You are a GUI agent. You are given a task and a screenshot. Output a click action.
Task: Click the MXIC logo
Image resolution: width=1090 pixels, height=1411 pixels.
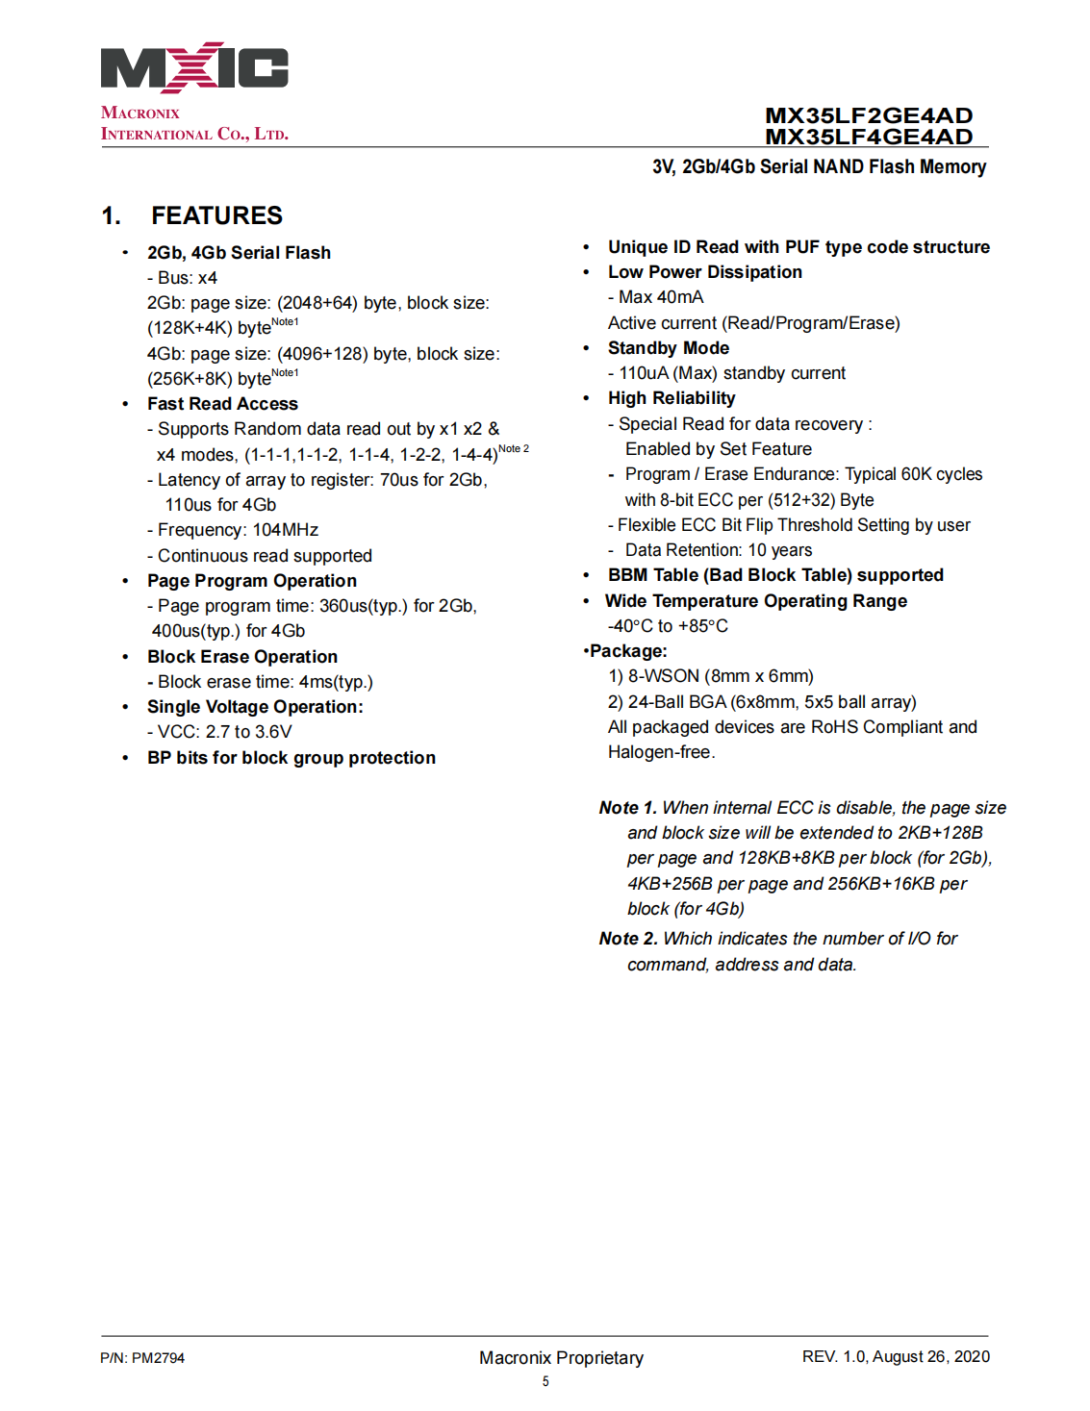[194, 67]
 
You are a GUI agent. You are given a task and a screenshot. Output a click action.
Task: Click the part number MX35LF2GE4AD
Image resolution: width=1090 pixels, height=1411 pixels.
[868, 115]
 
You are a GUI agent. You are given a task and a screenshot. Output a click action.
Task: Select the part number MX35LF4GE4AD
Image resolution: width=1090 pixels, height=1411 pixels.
[868, 137]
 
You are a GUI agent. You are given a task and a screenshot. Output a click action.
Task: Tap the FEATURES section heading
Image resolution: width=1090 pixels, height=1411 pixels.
[216, 215]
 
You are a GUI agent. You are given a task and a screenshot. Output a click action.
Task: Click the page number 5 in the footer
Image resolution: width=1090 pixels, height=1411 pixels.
[545, 1381]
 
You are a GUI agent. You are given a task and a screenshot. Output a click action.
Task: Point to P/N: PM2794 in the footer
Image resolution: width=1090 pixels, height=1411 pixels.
[142, 1358]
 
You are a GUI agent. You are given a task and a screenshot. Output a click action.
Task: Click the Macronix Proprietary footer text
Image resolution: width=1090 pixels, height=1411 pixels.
[561, 1358]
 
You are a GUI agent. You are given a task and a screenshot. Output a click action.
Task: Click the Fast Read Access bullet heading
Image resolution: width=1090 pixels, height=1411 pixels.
[222, 404]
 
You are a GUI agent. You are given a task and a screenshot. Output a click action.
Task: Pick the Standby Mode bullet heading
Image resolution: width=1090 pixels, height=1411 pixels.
[669, 348]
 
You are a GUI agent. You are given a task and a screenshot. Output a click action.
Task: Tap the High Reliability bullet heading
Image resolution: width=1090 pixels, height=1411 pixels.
[672, 398]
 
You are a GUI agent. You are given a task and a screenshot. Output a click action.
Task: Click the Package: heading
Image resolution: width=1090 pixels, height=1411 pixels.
[627, 651]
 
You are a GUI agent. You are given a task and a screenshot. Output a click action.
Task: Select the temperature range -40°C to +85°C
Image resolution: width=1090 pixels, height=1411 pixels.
[668, 626]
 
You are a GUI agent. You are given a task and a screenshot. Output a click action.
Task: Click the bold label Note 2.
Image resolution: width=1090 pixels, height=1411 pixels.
[627, 939]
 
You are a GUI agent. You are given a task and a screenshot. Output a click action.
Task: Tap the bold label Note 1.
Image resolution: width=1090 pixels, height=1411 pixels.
[627, 808]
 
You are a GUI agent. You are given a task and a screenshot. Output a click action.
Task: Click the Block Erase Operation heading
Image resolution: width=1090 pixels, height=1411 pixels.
[242, 657]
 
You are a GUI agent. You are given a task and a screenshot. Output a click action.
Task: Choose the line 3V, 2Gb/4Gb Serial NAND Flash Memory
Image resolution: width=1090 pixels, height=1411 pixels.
[819, 166]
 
